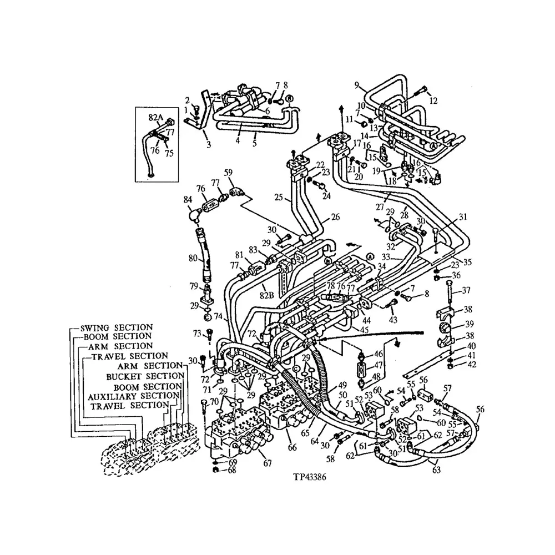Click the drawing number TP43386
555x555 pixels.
313,477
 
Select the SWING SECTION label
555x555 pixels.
116,327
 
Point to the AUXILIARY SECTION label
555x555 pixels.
133,396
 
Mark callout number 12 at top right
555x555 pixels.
434,101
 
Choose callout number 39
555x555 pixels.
469,324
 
